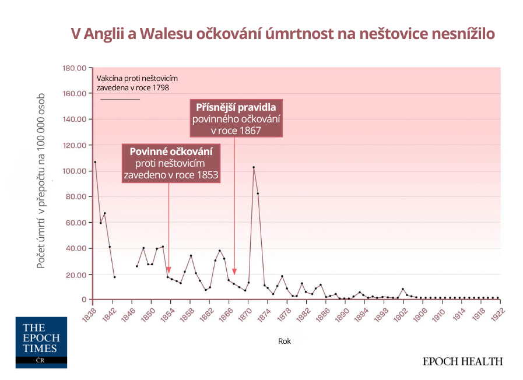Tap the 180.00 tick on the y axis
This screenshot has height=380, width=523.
pyautogui.click(x=74, y=68)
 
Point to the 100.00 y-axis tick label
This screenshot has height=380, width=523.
pyautogui.click(x=74, y=171)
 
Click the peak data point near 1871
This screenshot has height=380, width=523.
pyautogui.click(x=254, y=167)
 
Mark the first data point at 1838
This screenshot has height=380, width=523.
pyautogui.click(x=95, y=162)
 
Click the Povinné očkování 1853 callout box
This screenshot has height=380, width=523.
pyautogui.click(x=171, y=163)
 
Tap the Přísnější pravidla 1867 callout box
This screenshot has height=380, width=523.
pyautogui.click(x=236, y=118)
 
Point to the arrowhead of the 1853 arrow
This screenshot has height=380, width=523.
pyautogui.click(x=169, y=272)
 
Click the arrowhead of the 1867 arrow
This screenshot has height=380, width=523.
pyautogui.click(x=234, y=272)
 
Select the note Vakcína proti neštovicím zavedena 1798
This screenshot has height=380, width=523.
pyautogui.click(x=137, y=83)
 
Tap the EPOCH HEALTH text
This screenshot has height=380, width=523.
pyautogui.click(x=462, y=361)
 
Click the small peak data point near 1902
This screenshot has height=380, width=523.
pyautogui.click(x=402, y=289)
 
